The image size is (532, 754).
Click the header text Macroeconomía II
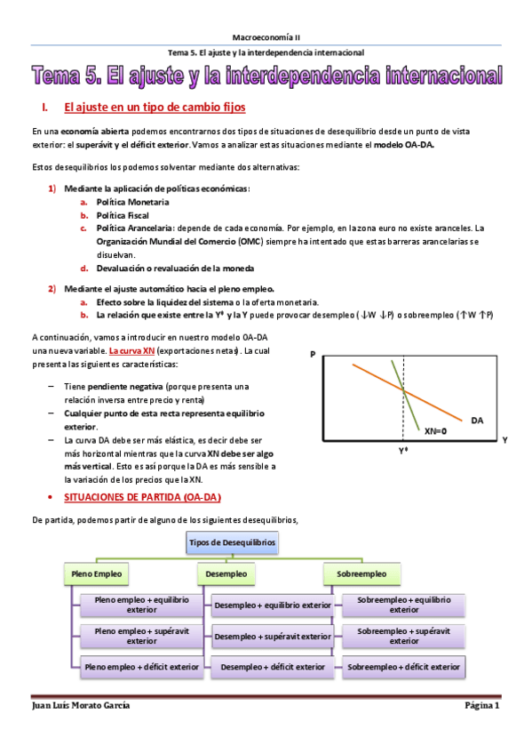click(266, 37)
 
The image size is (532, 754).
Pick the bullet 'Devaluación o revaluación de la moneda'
click(175, 268)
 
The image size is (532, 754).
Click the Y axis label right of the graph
click(504, 439)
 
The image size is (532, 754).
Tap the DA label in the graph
click(477, 419)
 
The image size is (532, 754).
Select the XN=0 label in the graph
click(435, 431)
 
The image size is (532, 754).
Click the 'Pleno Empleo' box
click(96, 574)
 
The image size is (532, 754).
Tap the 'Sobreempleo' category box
click(361, 574)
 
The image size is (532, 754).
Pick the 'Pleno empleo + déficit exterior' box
click(141, 666)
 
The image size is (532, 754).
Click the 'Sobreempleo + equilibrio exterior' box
click(403, 605)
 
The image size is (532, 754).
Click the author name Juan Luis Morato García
click(81, 705)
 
